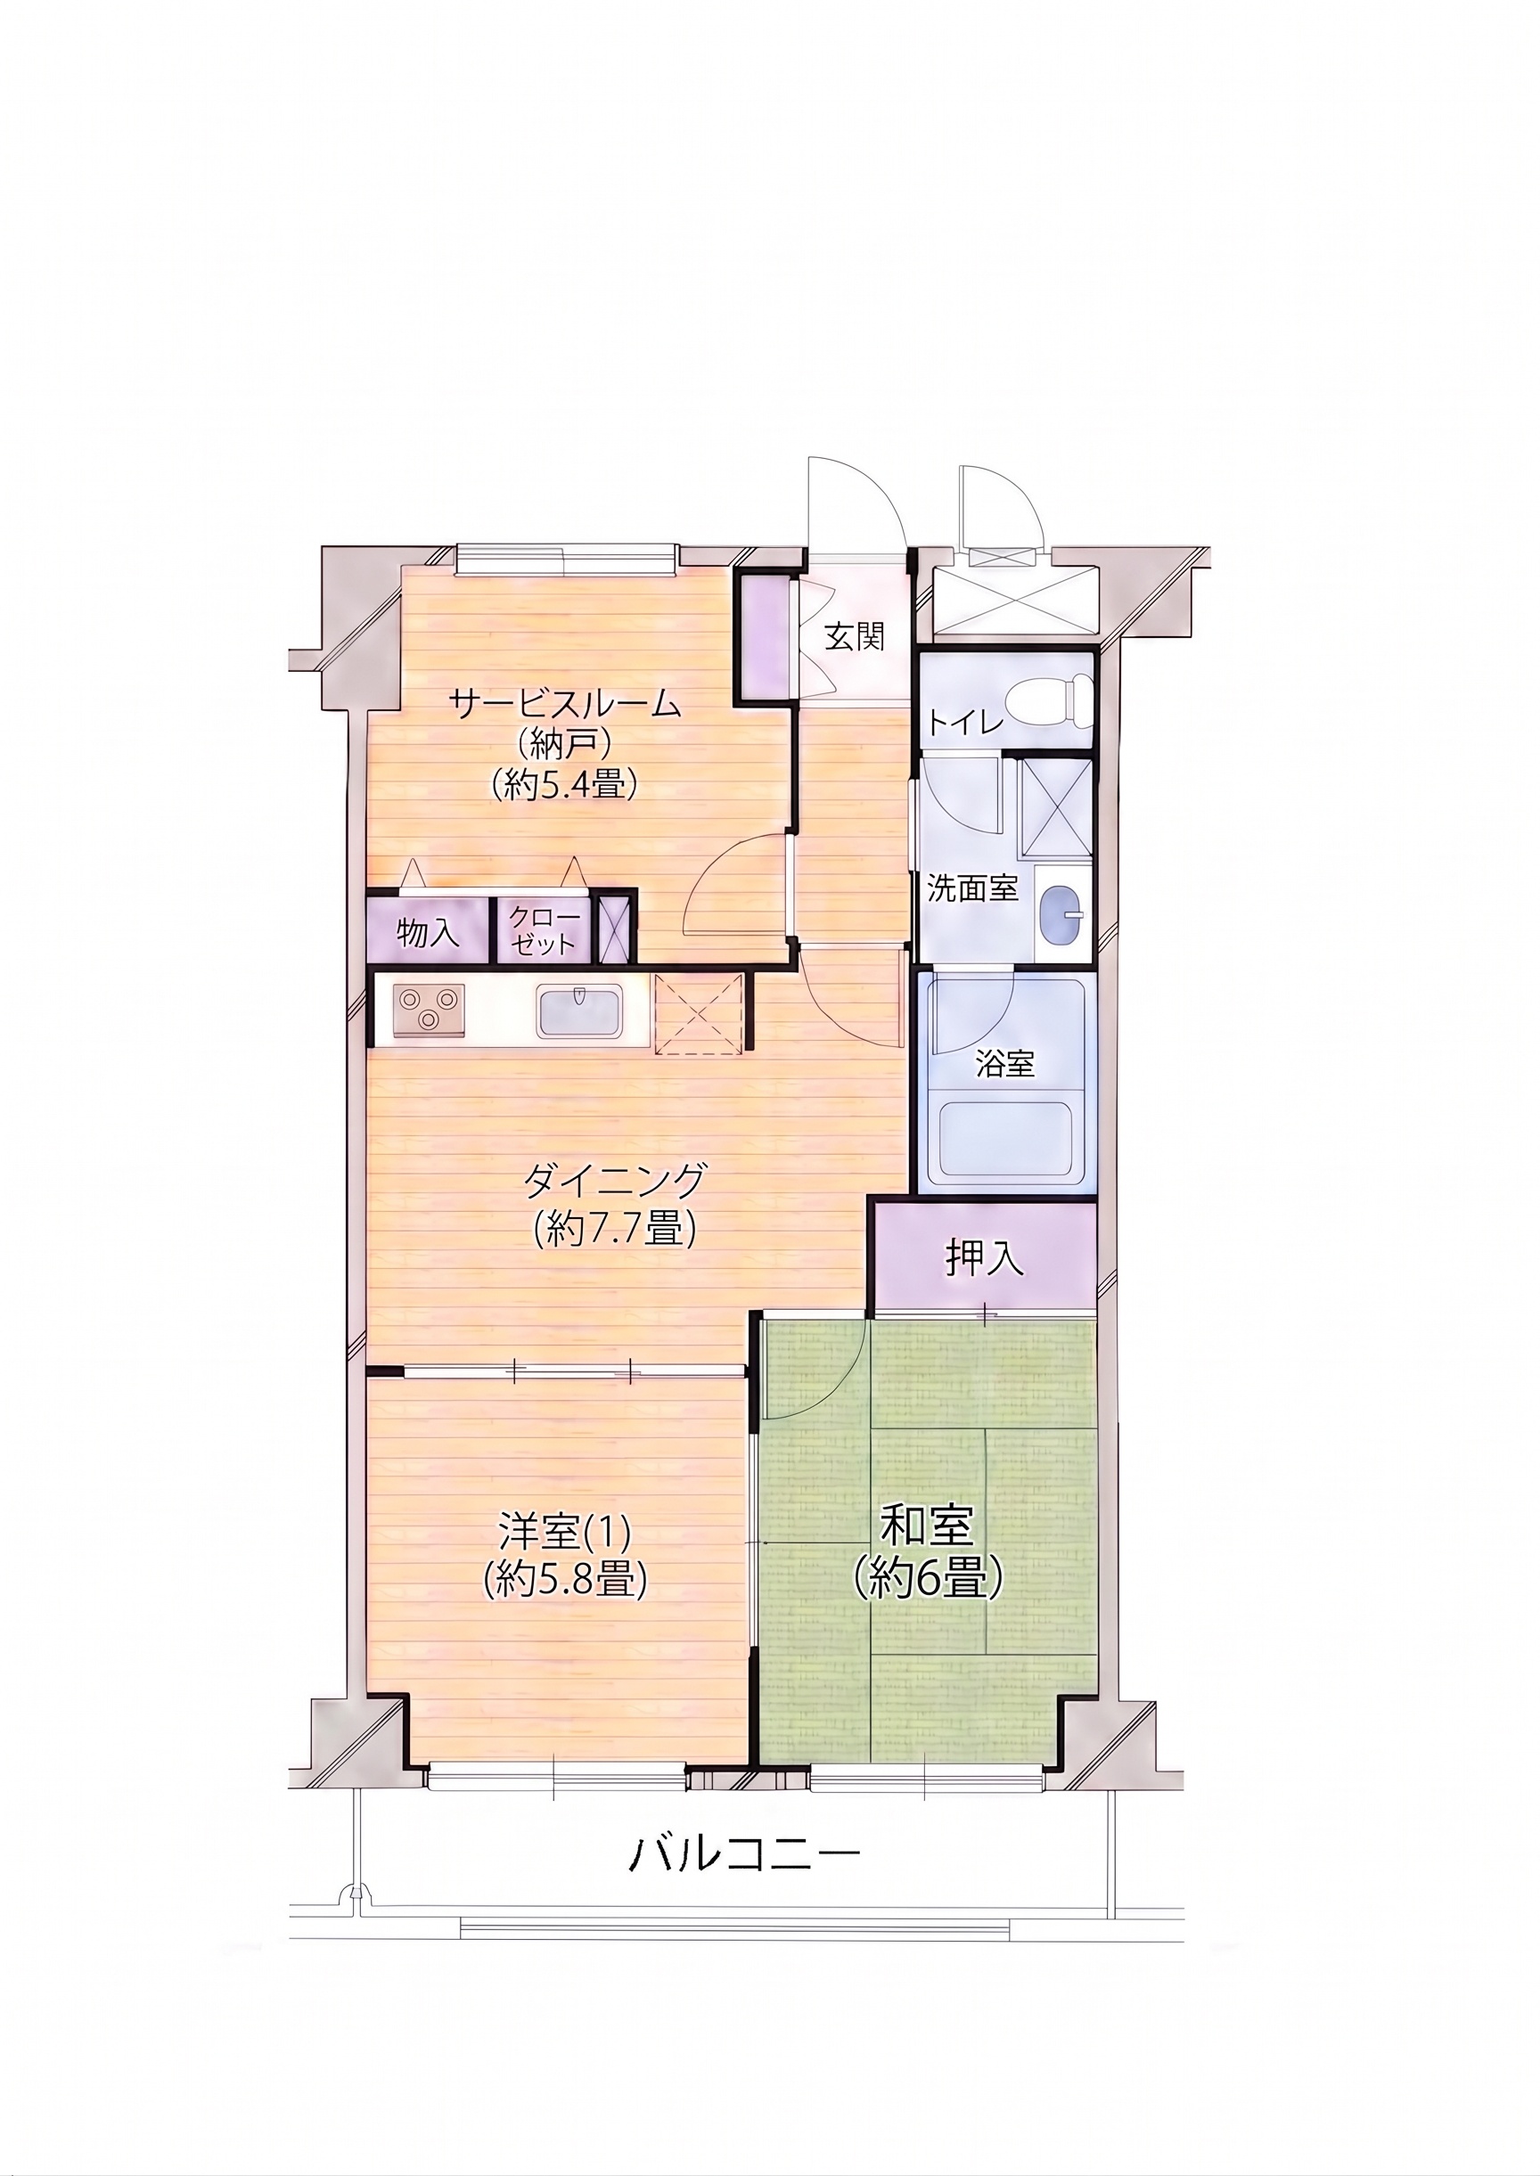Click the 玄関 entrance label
tap(854, 637)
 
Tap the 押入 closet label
tap(983, 1257)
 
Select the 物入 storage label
tap(429, 934)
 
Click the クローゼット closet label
tap(544, 930)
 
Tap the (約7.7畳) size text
tap(614, 1230)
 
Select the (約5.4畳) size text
tap(563, 784)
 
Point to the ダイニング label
tap(614, 1181)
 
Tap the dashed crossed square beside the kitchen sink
tap(698, 1012)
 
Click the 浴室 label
tap(1005, 1064)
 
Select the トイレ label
tap(964, 724)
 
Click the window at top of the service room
tap(566, 560)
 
